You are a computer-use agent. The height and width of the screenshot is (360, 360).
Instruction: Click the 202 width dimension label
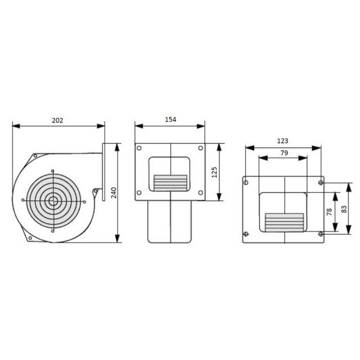(x=58, y=120)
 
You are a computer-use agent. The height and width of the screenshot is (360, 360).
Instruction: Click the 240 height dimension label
(x=113, y=192)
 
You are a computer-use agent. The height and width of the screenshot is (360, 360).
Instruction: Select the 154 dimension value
(x=171, y=120)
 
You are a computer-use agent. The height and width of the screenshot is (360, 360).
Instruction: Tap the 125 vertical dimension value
(x=215, y=172)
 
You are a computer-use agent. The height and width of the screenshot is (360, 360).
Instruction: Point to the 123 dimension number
(x=282, y=142)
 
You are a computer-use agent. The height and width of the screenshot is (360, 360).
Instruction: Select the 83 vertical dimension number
(x=343, y=209)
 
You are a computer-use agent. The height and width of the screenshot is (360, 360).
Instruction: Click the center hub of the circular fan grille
(x=53, y=200)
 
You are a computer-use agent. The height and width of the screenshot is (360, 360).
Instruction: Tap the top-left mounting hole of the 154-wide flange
(x=140, y=148)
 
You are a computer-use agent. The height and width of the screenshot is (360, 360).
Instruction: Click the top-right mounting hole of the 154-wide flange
(x=200, y=148)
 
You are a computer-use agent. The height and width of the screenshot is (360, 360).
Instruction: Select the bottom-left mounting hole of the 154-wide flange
(x=140, y=192)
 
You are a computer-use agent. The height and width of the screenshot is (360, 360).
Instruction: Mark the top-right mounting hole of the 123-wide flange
(x=320, y=182)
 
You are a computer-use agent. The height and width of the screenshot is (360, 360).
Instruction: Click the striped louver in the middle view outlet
(x=171, y=181)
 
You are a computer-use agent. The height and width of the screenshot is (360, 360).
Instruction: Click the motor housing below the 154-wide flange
(x=171, y=222)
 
